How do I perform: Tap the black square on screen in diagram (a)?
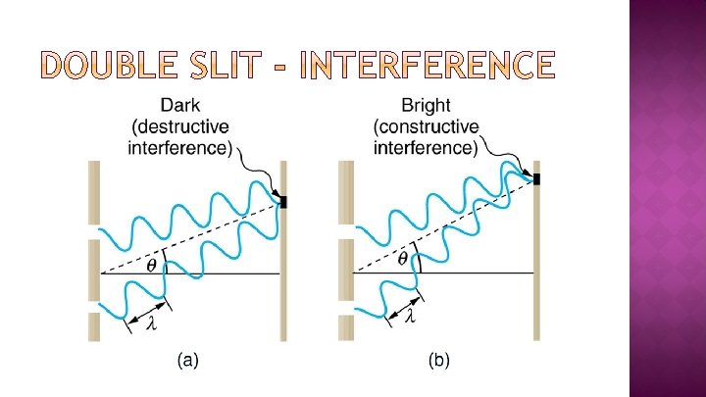[x=283, y=202]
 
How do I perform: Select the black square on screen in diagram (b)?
[x=536, y=178]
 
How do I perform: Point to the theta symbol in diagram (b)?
[x=402, y=259]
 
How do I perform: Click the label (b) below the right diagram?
[x=439, y=361]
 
